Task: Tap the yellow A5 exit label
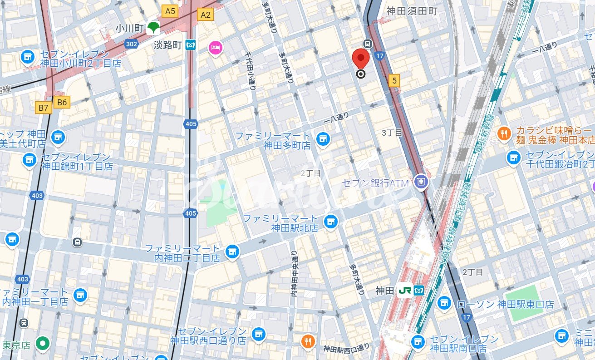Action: tap(169, 11)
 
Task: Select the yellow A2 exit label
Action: tap(205, 15)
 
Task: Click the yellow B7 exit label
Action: tap(44, 108)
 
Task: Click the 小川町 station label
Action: tap(129, 28)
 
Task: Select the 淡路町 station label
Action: tap(167, 45)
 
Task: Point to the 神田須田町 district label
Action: tap(412, 11)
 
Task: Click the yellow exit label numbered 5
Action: tap(394, 80)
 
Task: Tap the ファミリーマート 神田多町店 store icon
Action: tap(323, 138)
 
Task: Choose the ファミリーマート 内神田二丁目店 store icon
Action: tap(232, 251)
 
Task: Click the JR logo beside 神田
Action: tap(404, 291)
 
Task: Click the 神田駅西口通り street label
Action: tap(346, 349)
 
